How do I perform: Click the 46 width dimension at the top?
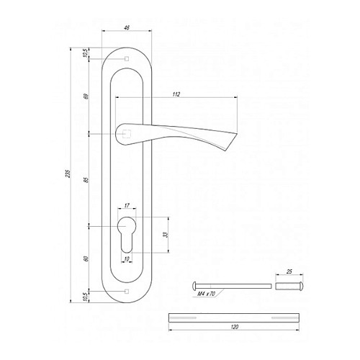[x=127, y=28]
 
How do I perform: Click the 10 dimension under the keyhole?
[x=127, y=258]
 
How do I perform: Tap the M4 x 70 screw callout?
[x=207, y=294]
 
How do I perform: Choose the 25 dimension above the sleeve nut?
[x=289, y=272]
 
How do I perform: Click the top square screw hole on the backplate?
[x=127, y=58]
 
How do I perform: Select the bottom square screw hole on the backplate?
[x=127, y=290]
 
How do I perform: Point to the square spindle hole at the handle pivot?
[x=127, y=133]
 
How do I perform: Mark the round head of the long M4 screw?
[x=196, y=284]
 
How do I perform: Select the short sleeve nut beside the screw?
[x=288, y=284]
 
